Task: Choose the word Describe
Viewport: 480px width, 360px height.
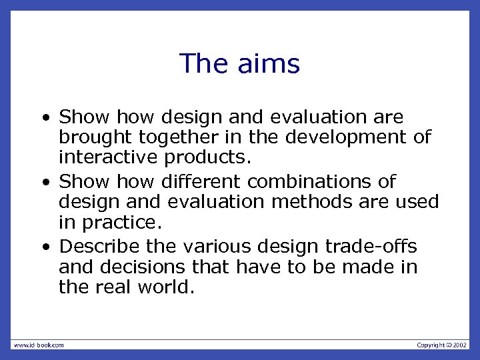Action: point(99,246)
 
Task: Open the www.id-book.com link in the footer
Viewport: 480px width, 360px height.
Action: point(39,345)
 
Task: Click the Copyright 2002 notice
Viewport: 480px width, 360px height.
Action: point(442,345)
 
